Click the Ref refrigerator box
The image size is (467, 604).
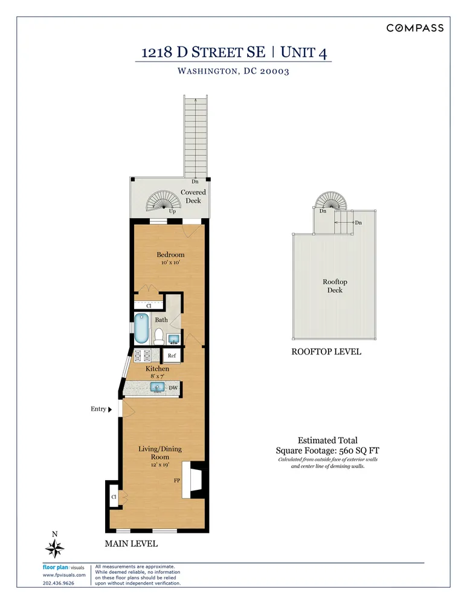pos(172,356)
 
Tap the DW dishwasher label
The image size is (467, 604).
pos(173,388)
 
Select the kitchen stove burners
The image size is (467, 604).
pos(143,356)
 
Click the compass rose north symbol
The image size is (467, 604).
pos(55,548)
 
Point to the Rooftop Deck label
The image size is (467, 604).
pos(335,286)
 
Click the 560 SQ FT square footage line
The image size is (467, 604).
pos(327,451)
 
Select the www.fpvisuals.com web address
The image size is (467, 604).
pos(60,575)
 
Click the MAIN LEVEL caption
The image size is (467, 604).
pos(131,544)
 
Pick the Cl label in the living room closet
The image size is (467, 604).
pos(114,497)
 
